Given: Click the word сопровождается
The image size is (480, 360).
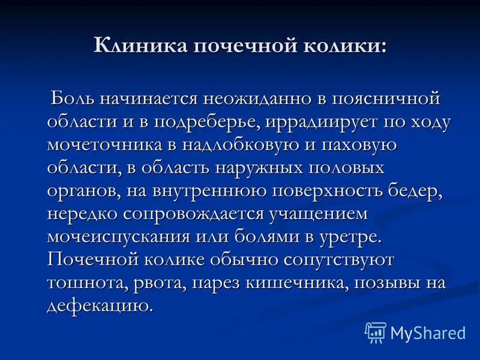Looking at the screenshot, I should coord(195,214).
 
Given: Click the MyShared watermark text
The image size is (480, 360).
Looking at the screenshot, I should coord(428,332).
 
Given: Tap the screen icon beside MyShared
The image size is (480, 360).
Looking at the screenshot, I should coord(375,332).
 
